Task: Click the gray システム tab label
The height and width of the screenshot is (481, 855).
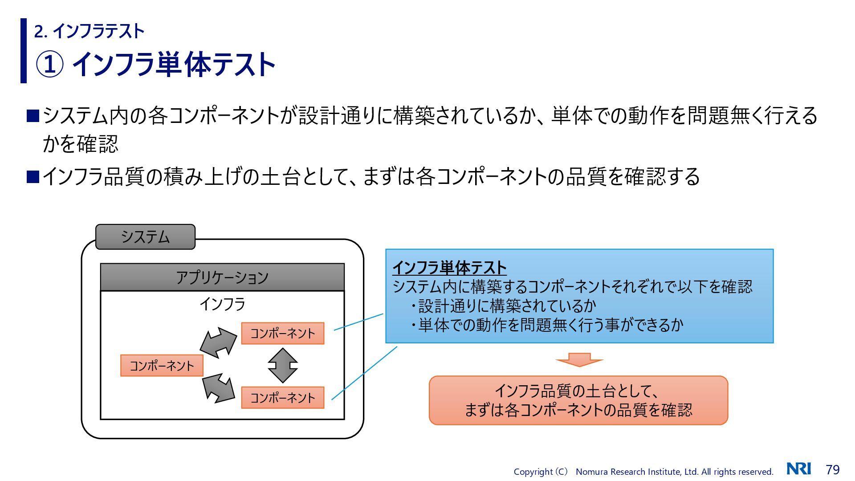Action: [x=145, y=237]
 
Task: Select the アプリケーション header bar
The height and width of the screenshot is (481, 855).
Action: [x=222, y=277]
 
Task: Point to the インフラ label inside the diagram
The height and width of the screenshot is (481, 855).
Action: [x=222, y=304]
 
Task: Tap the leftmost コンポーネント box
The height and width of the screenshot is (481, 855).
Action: [x=162, y=366]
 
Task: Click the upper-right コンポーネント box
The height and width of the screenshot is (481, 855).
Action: [x=282, y=333]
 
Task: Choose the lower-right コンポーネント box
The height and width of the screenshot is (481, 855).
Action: [x=282, y=398]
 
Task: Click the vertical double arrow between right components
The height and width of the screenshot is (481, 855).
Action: [x=283, y=366]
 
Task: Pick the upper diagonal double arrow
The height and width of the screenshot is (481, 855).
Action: [x=218, y=342]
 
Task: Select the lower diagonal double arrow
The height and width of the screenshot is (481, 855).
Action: [x=218, y=388]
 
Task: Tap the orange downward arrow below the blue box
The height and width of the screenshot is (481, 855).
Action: [x=579, y=359]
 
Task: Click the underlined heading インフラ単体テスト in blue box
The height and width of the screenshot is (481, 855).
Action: [x=449, y=268]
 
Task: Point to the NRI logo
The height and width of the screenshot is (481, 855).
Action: [x=799, y=469]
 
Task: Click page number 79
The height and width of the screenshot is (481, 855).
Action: [x=833, y=470]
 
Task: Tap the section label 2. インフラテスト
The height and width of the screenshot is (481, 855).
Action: [x=90, y=31]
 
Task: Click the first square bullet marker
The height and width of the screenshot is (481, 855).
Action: [x=33, y=116]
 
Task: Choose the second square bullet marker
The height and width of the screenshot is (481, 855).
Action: [x=33, y=177]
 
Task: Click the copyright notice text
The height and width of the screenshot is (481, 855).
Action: [x=643, y=472]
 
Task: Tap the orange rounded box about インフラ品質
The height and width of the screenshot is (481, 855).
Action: [x=578, y=400]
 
